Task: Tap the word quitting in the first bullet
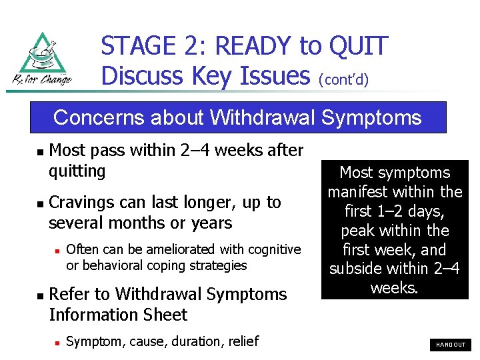[x=77, y=171]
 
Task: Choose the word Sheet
[x=166, y=315]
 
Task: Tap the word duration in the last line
[x=195, y=341]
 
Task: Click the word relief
[x=241, y=341]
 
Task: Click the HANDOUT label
[x=451, y=345]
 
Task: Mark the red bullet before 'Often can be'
[x=57, y=250]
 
